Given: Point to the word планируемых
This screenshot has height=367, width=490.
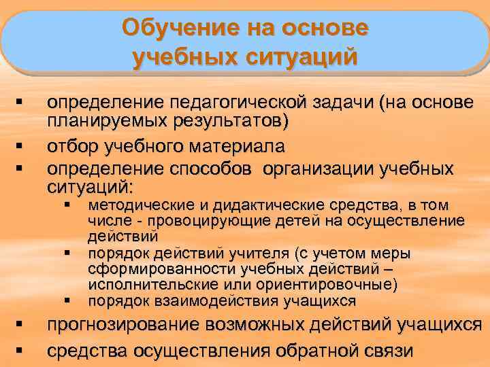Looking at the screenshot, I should [100, 122].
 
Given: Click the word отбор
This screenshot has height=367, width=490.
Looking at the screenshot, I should [69, 146].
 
